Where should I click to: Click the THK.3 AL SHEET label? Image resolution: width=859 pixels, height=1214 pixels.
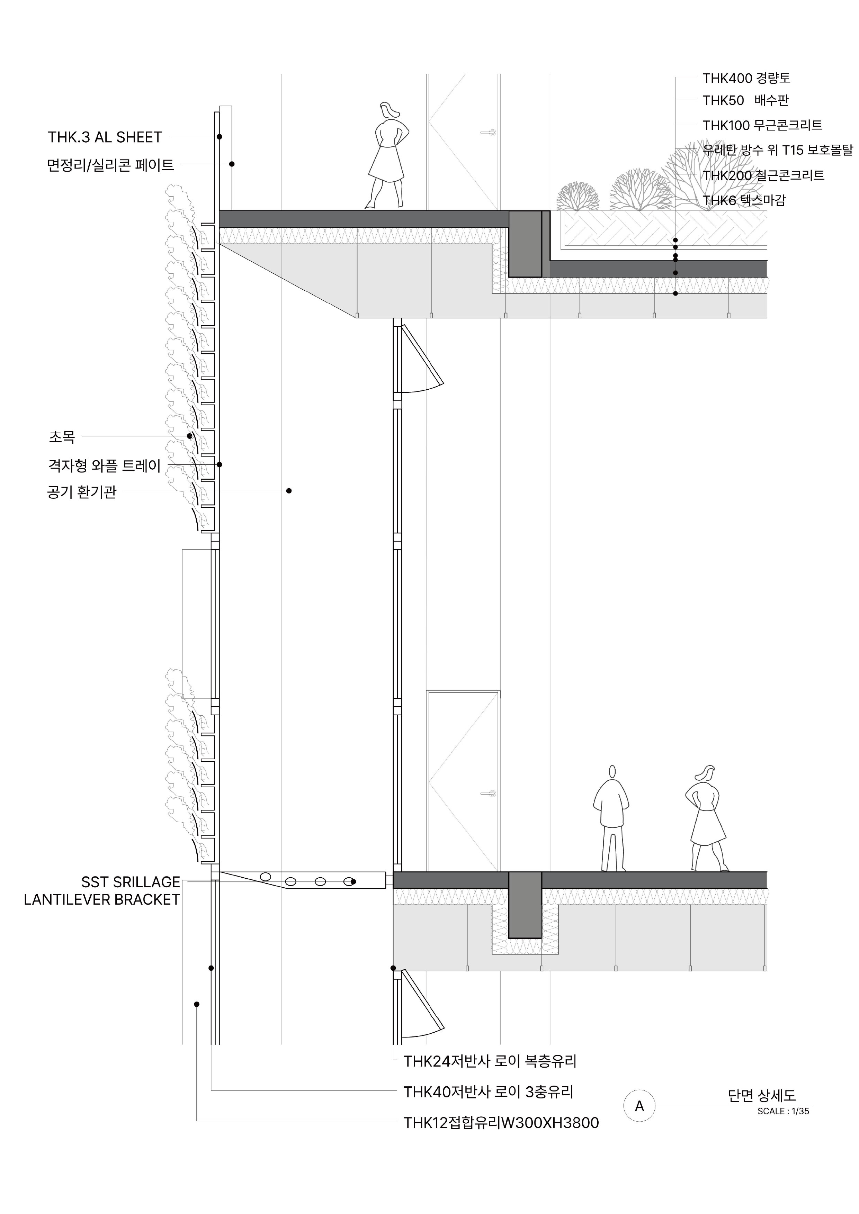pyautogui.click(x=105, y=137)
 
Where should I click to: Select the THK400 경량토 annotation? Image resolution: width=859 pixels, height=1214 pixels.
pyautogui.click(x=746, y=78)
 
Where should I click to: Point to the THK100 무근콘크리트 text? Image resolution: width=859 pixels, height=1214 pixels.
pyautogui.click(x=762, y=125)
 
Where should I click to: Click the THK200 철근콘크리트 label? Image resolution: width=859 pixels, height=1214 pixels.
pyautogui.click(x=763, y=175)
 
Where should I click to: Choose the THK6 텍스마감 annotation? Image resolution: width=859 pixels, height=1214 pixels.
pyautogui.click(x=744, y=200)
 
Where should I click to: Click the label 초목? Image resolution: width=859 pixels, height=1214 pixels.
pyautogui.click(x=62, y=437)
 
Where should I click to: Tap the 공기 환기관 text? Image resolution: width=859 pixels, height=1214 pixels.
pyautogui.click(x=81, y=492)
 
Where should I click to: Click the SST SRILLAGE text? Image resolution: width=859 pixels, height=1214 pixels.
pyautogui.click(x=131, y=882)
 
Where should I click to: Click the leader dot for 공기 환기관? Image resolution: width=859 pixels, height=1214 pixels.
pyautogui.click(x=289, y=491)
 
